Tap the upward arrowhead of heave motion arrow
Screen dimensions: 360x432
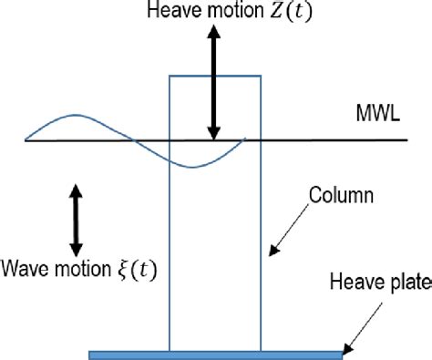click(212, 35)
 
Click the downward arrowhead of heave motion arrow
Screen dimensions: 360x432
click(212, 131)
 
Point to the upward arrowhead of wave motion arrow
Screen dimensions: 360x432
click(76, 190)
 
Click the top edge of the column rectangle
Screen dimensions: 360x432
click(215, 75)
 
